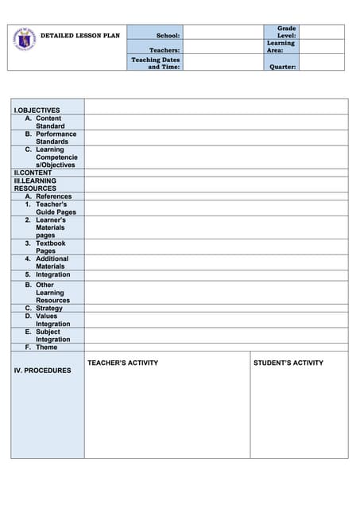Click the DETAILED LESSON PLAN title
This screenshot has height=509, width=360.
(80, 36)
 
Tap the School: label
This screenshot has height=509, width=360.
(168, 36)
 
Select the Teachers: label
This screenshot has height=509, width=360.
(165, 50)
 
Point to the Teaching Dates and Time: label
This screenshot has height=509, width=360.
(156, 63)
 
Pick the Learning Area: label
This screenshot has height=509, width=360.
(281, 46)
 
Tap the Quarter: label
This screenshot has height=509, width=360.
(283, 67)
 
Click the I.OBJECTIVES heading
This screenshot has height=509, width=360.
(37, 110)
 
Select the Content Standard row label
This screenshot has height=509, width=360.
(49, 122)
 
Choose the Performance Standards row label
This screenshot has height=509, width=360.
(55, 138)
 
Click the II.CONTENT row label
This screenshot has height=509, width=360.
(33, 173)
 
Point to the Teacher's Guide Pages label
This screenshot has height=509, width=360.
(55, 208)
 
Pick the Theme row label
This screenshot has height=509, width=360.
(46, 347)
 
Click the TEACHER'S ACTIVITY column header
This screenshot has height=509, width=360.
(122, 363)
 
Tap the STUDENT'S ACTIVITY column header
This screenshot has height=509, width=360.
(288, 363)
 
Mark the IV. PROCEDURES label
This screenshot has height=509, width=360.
(42, 371)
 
